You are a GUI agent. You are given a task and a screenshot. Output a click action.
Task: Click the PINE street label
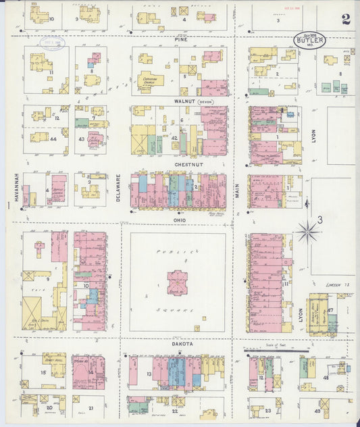180,41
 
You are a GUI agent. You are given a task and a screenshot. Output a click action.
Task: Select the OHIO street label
179,220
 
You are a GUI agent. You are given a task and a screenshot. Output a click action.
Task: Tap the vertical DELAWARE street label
118,188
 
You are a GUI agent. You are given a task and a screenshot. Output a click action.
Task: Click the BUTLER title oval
310,40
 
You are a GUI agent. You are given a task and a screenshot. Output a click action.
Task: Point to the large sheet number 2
346,19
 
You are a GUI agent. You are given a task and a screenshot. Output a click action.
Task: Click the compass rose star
308,231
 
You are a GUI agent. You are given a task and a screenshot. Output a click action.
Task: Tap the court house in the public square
177,282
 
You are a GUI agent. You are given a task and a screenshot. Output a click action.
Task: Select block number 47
330,310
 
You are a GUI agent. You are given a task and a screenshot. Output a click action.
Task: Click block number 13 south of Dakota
149,374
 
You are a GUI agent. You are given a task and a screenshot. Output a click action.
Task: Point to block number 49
317,410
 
